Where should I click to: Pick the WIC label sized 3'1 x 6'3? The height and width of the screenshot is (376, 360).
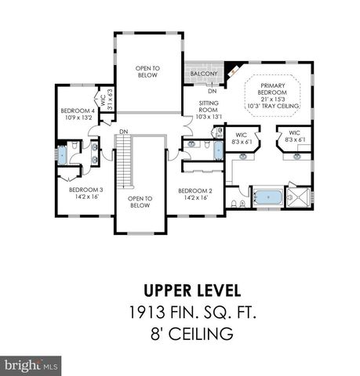tap(104, 102)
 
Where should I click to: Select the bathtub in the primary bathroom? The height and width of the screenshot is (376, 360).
tap(264, 196)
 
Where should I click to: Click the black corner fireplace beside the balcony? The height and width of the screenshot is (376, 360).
tap(228, 71)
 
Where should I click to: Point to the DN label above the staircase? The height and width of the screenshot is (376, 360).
tap(123, 130)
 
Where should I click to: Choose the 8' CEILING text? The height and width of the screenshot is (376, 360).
tap(180, 335)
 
